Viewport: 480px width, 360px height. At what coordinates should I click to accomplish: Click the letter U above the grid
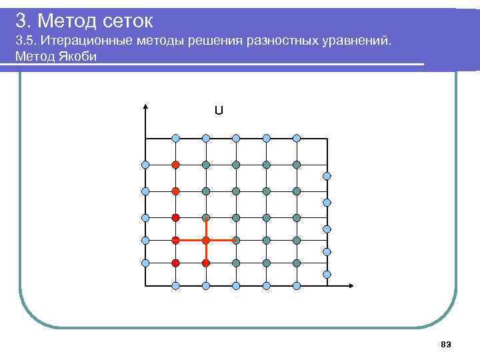click(x=219, y=111)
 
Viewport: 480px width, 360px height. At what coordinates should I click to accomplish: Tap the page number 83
click(x=446, y=343)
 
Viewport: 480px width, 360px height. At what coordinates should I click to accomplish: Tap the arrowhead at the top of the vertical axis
click(x=145, y=107)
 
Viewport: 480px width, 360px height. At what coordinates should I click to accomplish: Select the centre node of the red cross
click(x=206, y=239)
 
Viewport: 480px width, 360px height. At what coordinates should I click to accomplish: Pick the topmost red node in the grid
click(x=175, y=164)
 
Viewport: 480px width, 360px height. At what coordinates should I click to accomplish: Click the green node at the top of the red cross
click(x=206, y=217)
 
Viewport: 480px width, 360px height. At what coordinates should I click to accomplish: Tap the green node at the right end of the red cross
click(x=236, y=239)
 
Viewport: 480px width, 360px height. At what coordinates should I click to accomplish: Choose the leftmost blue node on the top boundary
click(x=175, y=138)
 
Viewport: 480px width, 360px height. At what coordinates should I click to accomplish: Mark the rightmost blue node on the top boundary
click(x=297, y=138)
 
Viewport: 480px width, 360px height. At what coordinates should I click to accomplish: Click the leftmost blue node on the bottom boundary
click(x=175, y=286)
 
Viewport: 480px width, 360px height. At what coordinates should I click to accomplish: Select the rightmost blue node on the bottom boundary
click(x=297, y=286)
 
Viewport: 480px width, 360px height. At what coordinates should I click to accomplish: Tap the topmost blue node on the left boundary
click(x=145, y=164)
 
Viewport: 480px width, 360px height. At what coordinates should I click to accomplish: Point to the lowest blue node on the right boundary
click(x=327, y=274)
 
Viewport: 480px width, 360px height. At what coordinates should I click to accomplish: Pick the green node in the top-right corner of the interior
click(x=297, y=164)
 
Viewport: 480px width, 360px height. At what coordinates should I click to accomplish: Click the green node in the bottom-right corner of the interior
click(x=297, y=263)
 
